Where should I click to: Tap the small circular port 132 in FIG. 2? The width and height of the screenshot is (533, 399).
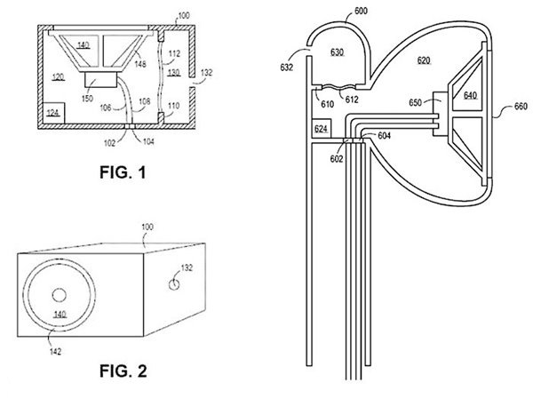175,285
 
